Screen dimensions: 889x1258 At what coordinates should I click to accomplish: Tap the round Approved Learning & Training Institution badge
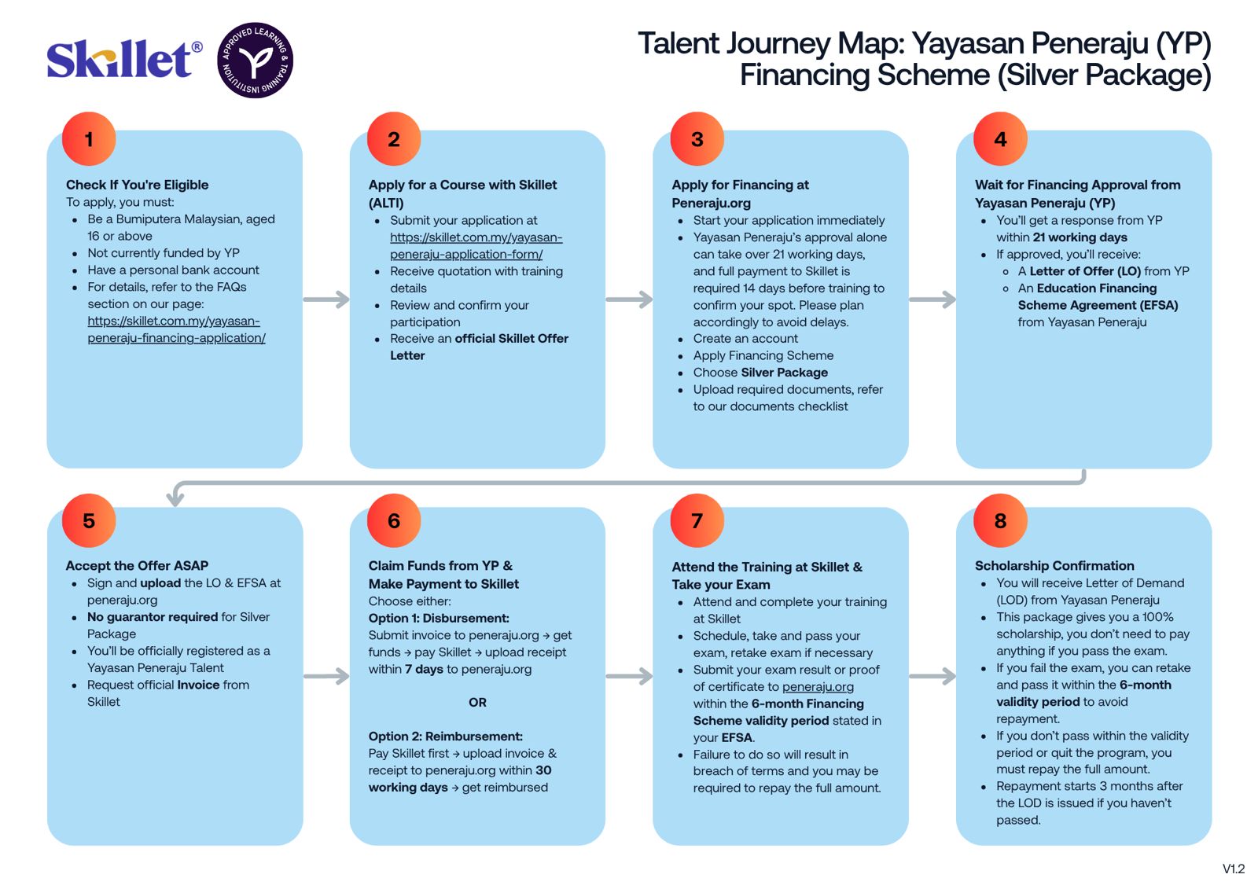255,61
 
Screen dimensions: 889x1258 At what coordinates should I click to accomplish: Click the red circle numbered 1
89,139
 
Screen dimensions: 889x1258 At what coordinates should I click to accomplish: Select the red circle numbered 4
1000,139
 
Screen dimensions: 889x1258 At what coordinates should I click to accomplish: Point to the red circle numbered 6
394,520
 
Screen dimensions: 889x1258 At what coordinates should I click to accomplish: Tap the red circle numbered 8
1000,520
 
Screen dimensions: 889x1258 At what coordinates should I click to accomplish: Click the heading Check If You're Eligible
137,185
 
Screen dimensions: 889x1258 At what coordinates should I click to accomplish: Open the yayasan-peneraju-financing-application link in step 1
176,329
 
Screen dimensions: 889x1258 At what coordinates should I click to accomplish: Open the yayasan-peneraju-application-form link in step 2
476,245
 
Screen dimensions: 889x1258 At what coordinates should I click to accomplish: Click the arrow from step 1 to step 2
326,299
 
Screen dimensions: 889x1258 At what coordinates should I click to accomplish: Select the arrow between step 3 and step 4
932,299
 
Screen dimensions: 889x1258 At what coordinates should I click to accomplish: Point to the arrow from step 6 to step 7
629,676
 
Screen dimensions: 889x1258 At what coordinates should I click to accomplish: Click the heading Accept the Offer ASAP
137,565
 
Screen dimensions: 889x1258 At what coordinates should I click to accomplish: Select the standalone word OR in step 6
477,702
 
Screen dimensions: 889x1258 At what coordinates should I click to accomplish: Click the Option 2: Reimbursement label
445,737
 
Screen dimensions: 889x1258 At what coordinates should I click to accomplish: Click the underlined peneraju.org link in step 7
818,686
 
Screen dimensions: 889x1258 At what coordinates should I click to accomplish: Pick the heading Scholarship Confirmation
1054,565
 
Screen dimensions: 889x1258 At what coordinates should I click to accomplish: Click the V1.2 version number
1233,869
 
